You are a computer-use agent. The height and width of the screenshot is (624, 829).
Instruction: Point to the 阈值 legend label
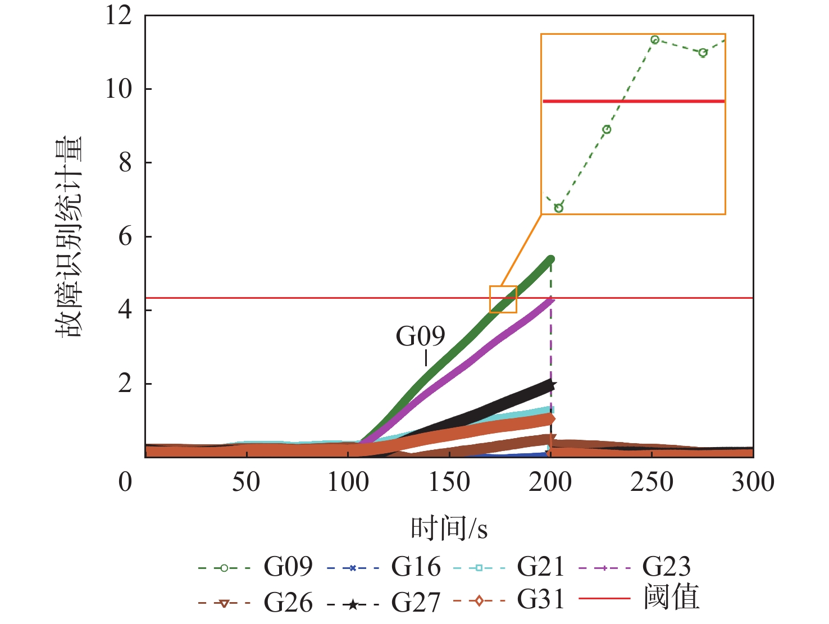671,598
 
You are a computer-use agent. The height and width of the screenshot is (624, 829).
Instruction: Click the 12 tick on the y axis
119,15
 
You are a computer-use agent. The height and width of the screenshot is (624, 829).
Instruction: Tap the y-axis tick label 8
125,163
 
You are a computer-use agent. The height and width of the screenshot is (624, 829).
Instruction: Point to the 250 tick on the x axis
652,482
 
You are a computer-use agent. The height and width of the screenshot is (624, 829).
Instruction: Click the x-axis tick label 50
246,482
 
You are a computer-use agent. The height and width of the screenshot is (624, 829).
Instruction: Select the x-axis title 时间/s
449,529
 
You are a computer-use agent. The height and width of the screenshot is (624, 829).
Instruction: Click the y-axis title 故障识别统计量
69,236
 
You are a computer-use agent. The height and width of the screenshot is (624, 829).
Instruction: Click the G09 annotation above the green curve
420,336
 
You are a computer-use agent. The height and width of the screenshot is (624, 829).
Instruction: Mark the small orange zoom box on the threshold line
503,299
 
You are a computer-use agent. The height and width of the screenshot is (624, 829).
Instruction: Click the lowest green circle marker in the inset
558,208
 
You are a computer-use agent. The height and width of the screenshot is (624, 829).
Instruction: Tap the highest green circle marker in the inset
654,40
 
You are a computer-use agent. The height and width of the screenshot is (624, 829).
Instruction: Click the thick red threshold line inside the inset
634,101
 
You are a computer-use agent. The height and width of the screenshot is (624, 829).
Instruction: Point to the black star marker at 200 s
552,385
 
